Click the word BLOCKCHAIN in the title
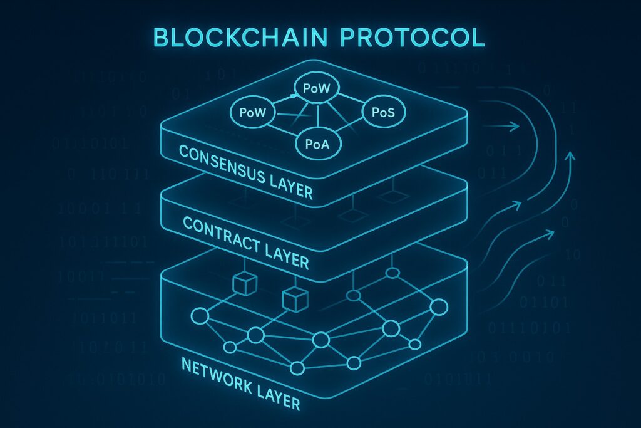tap(238, 37)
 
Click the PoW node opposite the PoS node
tap(253, 113)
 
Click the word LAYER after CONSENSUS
tap(289, 185)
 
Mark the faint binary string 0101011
tap(454, 379)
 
